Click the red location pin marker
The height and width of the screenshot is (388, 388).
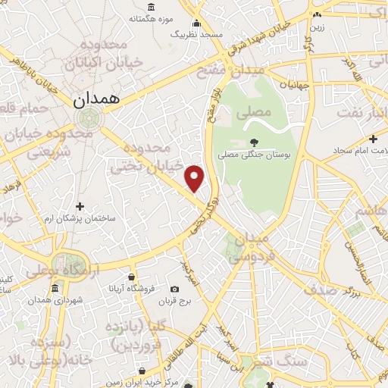pyautogui.click(x=196, y=177)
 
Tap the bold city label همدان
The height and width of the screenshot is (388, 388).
pyautogui.click(x=97, y=99)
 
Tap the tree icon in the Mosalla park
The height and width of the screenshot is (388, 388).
pyautogui.click(x=253, y=142)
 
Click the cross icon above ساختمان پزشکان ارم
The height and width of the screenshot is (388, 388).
pyautogui.click(x=80, y=206)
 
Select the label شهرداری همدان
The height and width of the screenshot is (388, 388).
pyautogui.click(x=55, y=301)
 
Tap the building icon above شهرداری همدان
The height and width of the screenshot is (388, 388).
pyautogui.click(x=55, y=289)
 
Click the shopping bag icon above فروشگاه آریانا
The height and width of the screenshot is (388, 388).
pyautogui.click(x=132, y=277)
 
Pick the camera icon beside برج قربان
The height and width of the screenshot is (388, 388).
pyautogui.click(x=175, y=289)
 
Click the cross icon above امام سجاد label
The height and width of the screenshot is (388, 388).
pyautogui.click(x=372, y=139)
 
